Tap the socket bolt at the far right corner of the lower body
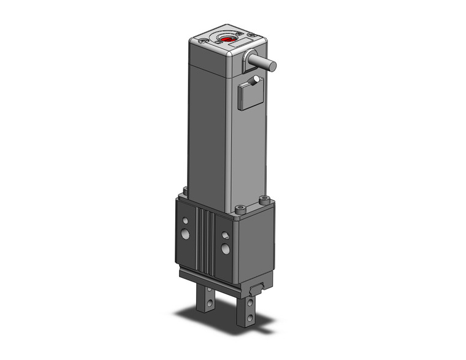[x=264, y=199]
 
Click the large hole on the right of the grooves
[x=226, y=248]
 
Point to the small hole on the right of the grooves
[x=225, y=234]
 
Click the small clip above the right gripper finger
[x=257, y=287]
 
